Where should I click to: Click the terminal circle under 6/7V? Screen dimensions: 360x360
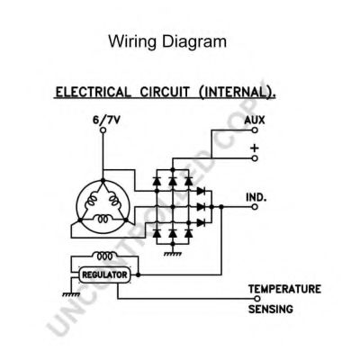[103, 130]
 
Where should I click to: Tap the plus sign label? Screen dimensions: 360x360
[256, 146]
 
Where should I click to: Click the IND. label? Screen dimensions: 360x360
[258, 195]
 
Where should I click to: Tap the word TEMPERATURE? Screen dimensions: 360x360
[284, 289]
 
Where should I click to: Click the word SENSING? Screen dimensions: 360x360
[271, 310]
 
